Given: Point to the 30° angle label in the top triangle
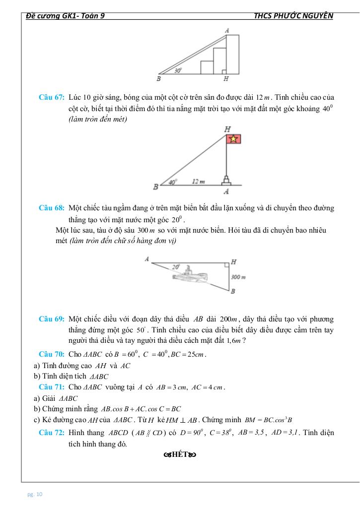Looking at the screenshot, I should [x=178, y=71].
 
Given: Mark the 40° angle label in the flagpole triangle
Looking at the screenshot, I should [x=172, y=182].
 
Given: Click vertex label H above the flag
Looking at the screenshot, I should [x=227, y=128].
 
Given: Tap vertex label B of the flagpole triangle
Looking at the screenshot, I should [x=155, y=188].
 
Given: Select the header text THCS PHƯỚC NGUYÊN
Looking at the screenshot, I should [x=293, y=15].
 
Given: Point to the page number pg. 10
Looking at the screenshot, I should [x=35, y=494].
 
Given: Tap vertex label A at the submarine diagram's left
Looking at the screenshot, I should [x=147, y=259].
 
